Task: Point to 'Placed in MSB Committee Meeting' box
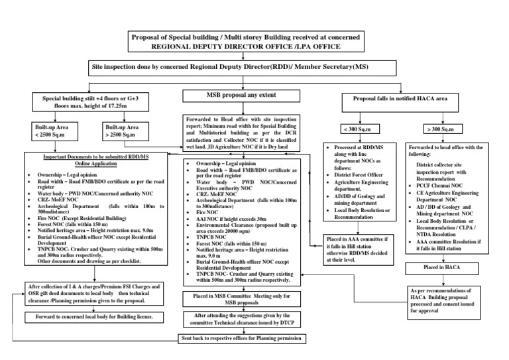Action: pyautogui.click(x=241, y=298)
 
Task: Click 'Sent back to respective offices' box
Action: pyautogui.click(x=241, y=338)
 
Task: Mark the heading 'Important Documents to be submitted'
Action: pyautogui.click(x=84, y=159)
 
